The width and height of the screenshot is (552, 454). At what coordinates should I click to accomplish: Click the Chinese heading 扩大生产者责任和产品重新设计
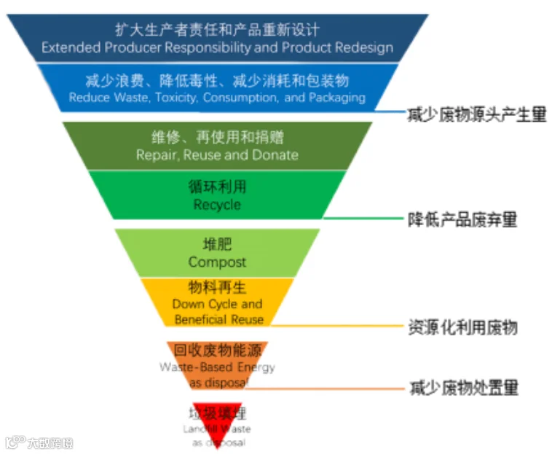217,30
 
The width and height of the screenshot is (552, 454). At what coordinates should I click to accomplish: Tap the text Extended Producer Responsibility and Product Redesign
217,48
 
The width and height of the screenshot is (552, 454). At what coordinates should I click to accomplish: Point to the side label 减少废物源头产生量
477,114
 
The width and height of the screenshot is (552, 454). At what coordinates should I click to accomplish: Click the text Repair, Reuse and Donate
217,154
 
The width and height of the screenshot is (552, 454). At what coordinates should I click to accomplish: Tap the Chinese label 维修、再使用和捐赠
217,137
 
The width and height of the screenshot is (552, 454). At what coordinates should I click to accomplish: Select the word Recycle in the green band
217,205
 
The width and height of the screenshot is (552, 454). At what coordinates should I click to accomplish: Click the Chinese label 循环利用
217,187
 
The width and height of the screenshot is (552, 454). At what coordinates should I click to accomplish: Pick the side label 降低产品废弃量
462,219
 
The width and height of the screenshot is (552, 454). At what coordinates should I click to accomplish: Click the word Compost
217,262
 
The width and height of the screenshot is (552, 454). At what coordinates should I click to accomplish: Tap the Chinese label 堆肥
217,245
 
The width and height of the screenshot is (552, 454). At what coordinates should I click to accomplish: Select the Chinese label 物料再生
217,288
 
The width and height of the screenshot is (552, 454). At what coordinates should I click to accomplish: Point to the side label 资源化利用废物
462,327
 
